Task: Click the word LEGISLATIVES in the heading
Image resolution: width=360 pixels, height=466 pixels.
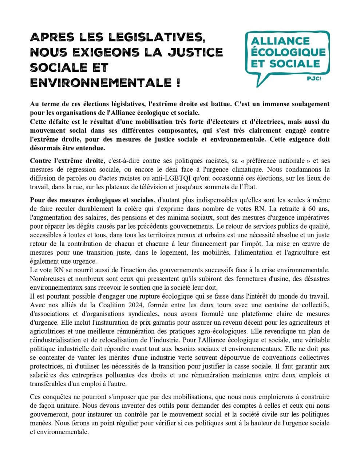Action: point(156,37)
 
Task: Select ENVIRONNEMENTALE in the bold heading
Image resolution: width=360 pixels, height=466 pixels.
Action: point(100,83)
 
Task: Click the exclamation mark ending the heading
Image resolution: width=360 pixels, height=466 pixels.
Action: point(178,83)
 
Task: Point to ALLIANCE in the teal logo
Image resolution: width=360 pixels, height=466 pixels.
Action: point(280,41)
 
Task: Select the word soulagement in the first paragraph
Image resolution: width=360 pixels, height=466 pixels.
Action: point(309,104)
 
